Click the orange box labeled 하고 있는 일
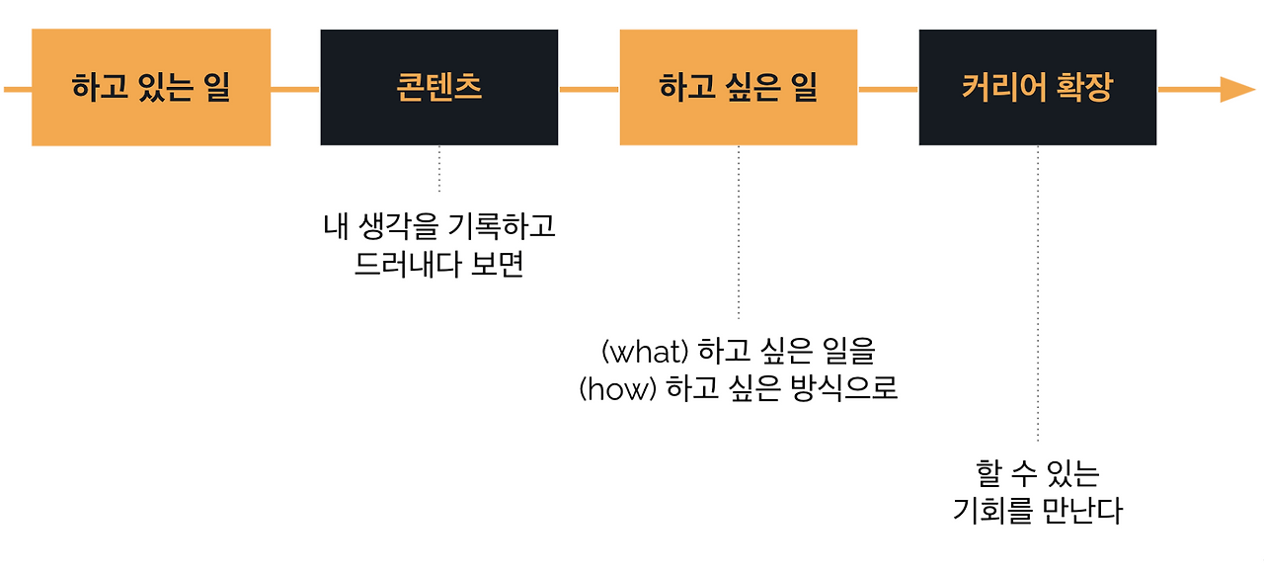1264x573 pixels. click(x=151, y=88)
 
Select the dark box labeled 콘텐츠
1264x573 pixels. click(x=439, y=88)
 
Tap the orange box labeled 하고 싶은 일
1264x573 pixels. click(x=739, y=88)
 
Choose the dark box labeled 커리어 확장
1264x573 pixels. click(x=1037, y=88)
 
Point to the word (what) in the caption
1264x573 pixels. click(x=644, y=352)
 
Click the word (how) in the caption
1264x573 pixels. click(x=618, y=388)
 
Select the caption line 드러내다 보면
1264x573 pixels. click(x=438, y=265)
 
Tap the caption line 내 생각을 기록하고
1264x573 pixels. click(x=439, y=227)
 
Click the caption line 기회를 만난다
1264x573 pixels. click(x=1037, y=511)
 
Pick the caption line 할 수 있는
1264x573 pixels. click(x=1037, y=473)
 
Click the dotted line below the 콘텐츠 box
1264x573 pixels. click(x=439, y=169)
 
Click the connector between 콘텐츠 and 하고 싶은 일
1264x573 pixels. click(x=589, y=89)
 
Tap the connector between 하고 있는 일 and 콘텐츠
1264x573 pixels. click(x=295, y=89)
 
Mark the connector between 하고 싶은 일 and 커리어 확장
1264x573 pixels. click(x=888, y=89)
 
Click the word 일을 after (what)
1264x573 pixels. click(x=848, y=352)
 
